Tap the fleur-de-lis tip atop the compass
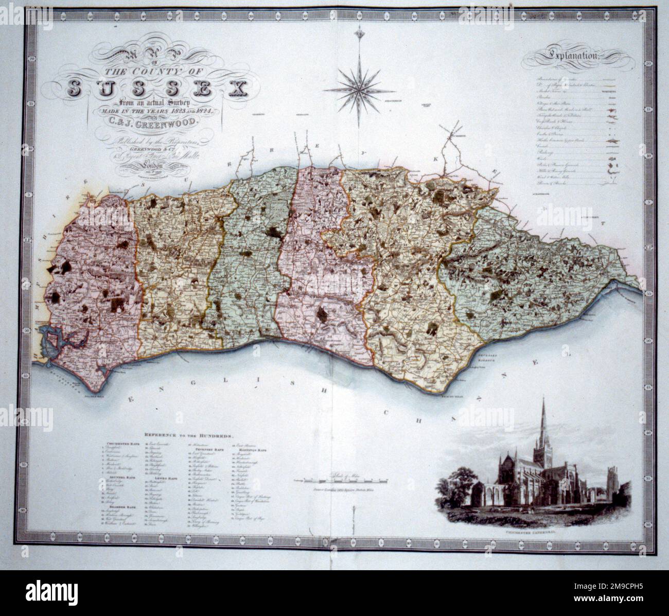click(x=359, y=34)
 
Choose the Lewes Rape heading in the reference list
click(x=166, y=478)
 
